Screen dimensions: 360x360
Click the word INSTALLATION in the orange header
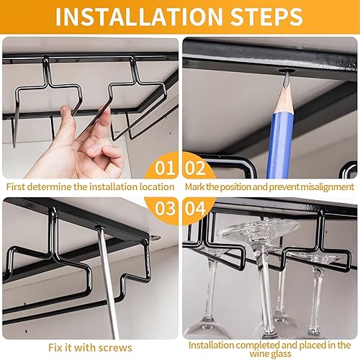pos(139,17)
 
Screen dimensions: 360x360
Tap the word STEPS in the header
pos(266,17)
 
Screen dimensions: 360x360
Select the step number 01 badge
pos(165,168)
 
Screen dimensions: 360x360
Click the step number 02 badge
pos(195,168)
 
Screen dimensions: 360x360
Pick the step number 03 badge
pos(165,208)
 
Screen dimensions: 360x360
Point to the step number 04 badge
pos(195,208)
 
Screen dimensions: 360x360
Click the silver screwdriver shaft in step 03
pos(107,282)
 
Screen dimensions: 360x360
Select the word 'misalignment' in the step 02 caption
pos(328,187)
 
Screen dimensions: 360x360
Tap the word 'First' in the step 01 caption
pos(16,186)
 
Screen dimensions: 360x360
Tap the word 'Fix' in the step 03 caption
pos(54,348)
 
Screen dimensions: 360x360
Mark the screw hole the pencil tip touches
pos(285,71)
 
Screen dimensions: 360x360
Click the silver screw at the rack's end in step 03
pos(155,238)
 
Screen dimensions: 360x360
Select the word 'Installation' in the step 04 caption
pos(211,345)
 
